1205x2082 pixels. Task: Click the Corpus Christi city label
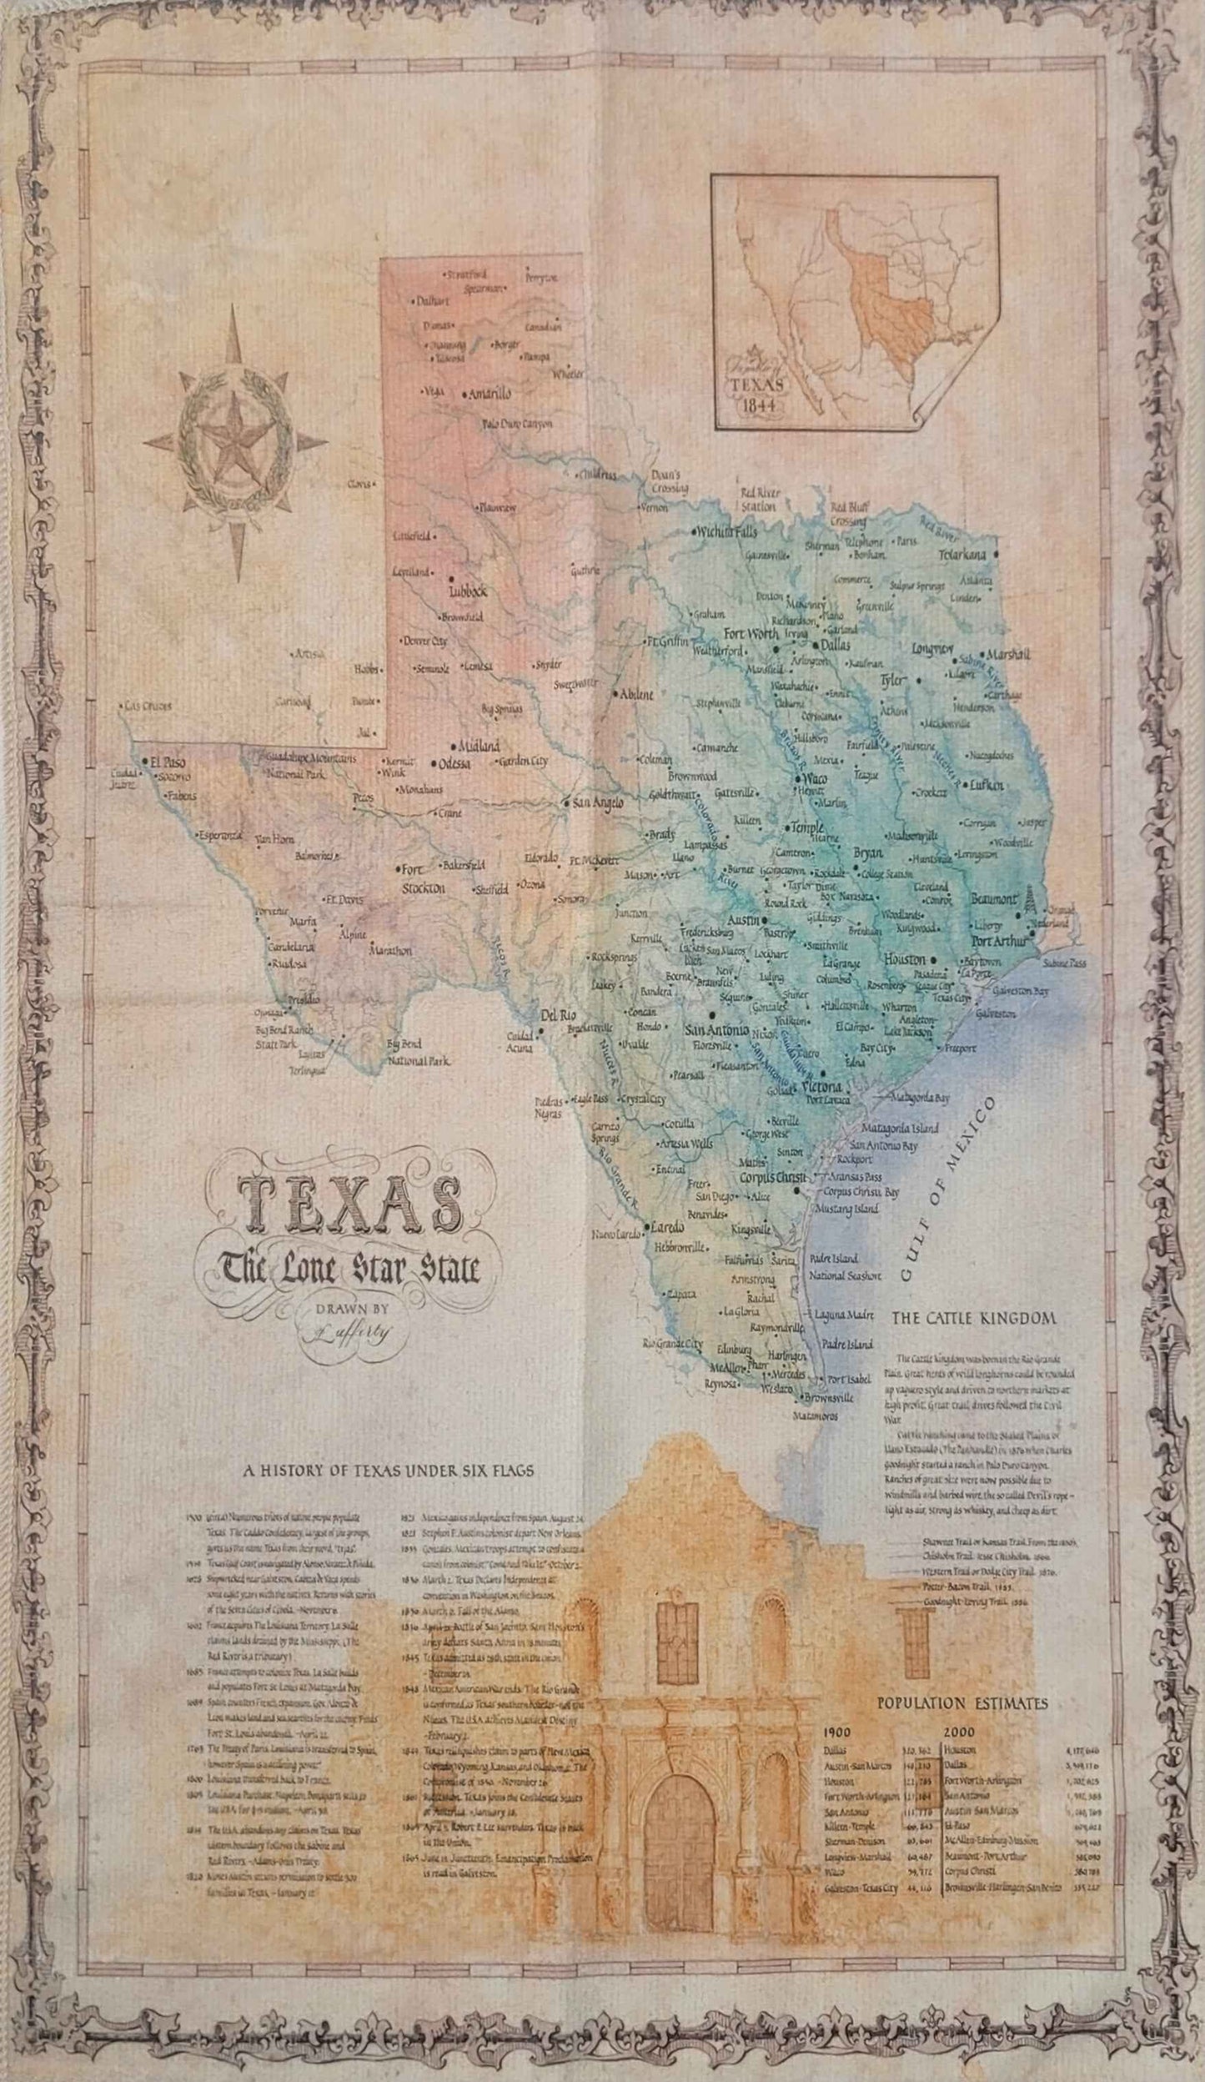(775, 1177)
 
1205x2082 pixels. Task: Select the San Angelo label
(597, 802)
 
